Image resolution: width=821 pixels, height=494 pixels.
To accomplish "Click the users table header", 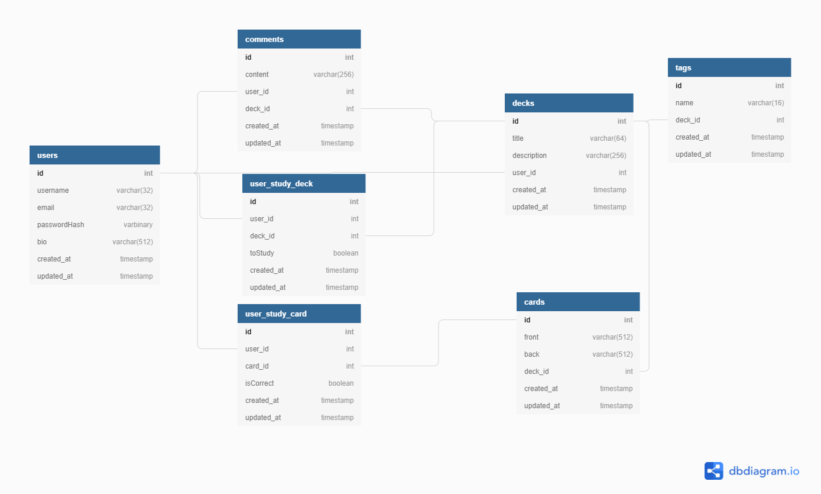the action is coord(95,155).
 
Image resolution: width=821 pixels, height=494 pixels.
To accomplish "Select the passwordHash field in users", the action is coord(60,224).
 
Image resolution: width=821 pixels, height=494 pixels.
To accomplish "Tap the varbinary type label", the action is coord(138,224).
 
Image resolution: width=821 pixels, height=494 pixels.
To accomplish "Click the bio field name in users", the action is coord(42,242).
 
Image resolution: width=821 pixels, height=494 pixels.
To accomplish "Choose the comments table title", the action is coord(264,39).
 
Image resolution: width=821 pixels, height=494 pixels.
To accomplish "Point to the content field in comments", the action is coord(257,75).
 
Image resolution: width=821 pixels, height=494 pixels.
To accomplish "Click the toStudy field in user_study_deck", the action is coord(262,253).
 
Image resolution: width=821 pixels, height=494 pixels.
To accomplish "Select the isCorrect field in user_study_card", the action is coord(259,383).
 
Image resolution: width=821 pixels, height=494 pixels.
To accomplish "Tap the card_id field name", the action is coord(257,366).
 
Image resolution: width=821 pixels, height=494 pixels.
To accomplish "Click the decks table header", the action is coord(569,103).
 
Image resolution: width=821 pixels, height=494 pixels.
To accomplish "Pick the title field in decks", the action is coord(518,138).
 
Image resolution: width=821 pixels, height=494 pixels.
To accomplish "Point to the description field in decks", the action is coord(530,156).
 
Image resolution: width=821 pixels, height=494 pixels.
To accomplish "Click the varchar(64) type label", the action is coord(608,138).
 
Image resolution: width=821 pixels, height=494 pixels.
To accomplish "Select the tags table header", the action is coord(729,67).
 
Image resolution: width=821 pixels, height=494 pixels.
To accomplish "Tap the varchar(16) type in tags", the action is coord(765,103).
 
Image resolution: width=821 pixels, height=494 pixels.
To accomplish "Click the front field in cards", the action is coord(531,337).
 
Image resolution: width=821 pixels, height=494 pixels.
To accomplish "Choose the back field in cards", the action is coord(532,354).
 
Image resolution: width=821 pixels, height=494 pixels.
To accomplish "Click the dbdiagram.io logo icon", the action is coord(713,471).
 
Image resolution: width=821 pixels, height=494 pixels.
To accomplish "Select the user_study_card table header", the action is coord(299,314).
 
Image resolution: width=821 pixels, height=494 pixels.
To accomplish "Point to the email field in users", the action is coord(46,208).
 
